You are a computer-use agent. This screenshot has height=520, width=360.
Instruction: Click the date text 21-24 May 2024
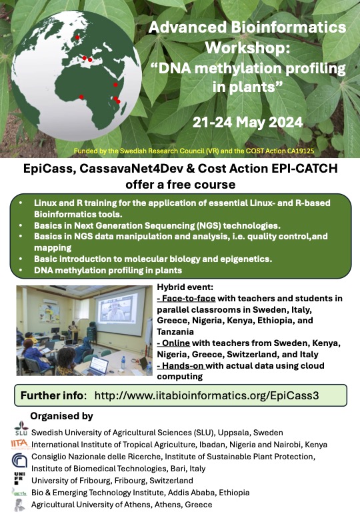(247, 123)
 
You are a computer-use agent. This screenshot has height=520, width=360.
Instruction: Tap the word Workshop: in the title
(247, 47)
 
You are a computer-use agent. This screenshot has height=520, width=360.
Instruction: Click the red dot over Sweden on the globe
(77, 37)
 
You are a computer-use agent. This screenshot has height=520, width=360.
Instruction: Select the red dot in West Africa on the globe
(81, 97)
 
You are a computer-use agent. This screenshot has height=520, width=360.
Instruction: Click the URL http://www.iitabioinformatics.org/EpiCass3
(207, 395)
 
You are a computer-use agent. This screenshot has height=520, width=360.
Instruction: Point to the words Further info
(52, 395)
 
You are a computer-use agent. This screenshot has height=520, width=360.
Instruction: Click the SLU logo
(21, 429)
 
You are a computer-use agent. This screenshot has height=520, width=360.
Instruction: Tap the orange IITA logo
(20, 444)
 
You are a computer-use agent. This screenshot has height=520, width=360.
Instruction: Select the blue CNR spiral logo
(19, 460)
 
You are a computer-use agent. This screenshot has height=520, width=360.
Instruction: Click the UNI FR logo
(19, 479)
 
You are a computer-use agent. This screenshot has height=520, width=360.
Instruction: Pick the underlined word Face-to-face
(186, 299)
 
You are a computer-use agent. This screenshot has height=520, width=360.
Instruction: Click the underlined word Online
(173, 343)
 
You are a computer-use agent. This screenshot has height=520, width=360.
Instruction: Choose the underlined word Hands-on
(181, 365)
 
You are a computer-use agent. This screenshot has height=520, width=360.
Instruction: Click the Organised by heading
(61, 416)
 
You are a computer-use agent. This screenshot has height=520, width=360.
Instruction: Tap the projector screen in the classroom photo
(120, 311)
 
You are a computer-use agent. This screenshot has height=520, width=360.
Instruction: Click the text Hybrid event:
(185, 287)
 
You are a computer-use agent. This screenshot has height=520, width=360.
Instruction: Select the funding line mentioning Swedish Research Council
(194, 151)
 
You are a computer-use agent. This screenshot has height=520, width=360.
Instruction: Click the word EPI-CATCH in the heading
(305, 168)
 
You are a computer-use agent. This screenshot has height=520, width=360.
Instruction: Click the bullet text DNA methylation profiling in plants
(108, 270)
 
